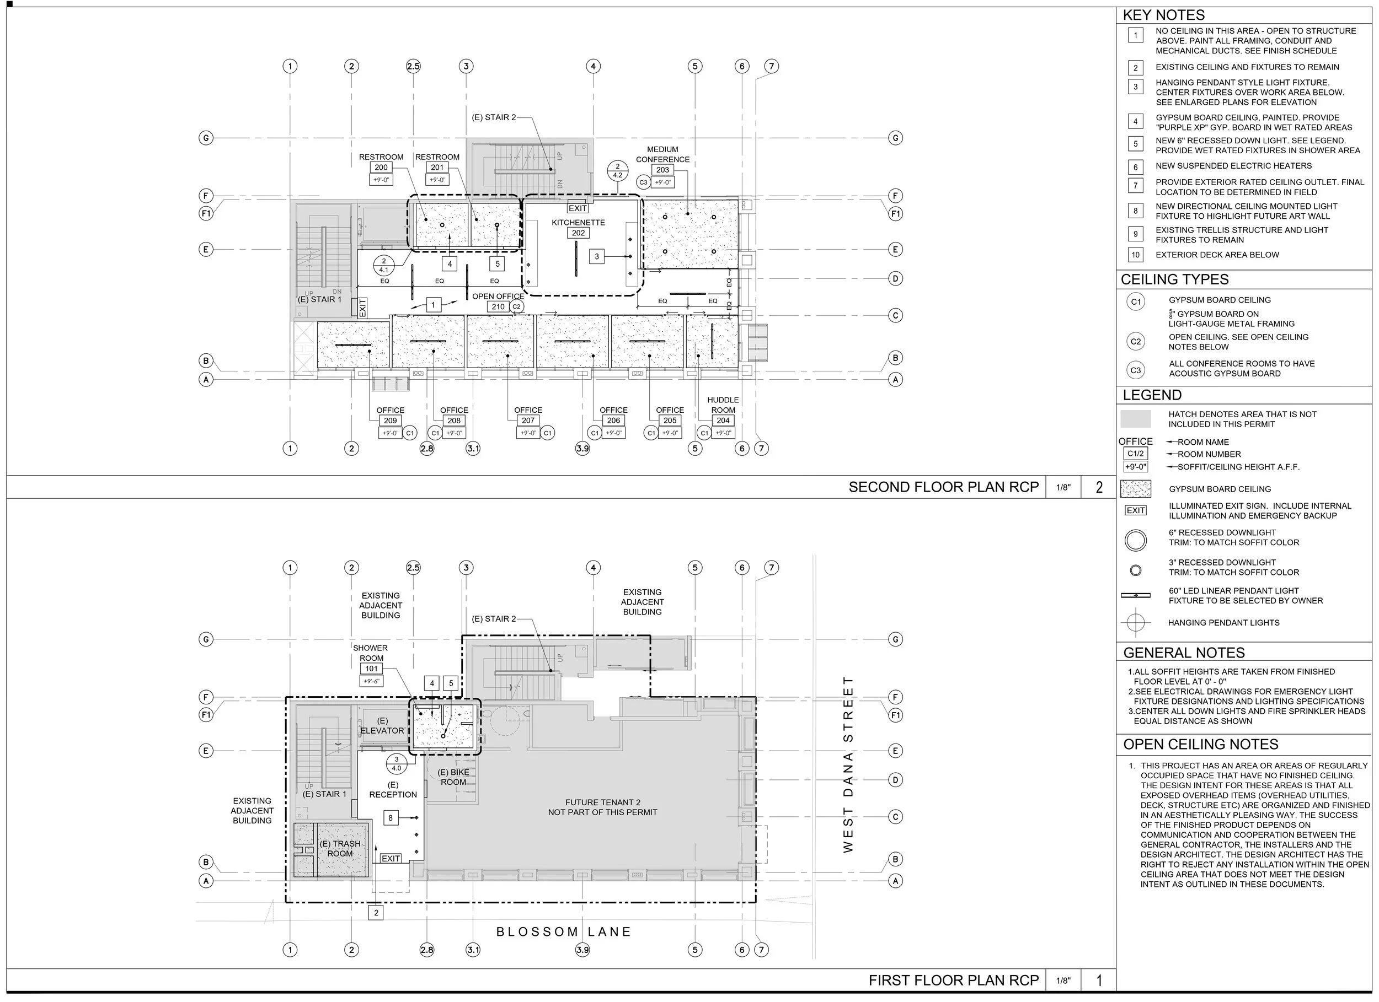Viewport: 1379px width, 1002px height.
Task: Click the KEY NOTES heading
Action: click(x=1163, y=15)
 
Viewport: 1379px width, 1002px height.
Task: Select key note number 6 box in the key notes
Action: click(x=1135, y=166)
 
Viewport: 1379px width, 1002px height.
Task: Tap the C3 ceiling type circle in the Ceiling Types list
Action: click(x=1135, y=370)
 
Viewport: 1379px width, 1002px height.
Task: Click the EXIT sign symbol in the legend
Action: click(x=1135, y=510)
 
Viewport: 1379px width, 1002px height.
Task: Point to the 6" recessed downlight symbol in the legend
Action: click(x=1135, y=540)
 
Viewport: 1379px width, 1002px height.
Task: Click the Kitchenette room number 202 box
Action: click(x=578, y=233)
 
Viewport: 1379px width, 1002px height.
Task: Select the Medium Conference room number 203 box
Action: click(x=662, y=170)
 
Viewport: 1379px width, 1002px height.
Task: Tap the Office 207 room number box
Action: click(x=528, y=421)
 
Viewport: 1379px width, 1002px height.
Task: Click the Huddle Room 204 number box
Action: click(x=723, y=421)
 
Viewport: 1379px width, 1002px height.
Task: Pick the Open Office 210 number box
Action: click(x=498, y=307)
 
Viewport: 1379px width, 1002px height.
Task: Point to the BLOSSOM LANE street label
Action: click(x=564, y=931)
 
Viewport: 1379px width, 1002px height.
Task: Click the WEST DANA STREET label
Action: click(x=848, y=764)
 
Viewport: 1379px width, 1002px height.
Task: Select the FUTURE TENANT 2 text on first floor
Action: click(x=602, y=802)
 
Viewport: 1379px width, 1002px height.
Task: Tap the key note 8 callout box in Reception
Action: click(x=391, y=818)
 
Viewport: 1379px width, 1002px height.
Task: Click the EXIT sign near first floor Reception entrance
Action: click(x=391, y=858)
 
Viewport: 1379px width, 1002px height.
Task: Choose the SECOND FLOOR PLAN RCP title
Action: click(x=943, y=487)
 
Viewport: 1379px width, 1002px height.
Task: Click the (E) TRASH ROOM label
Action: click(x=340, y=848)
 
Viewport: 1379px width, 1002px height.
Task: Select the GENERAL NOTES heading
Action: click(x=1183, y=653)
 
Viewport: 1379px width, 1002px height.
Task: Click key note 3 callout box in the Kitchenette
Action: click(x=596, y=256)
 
